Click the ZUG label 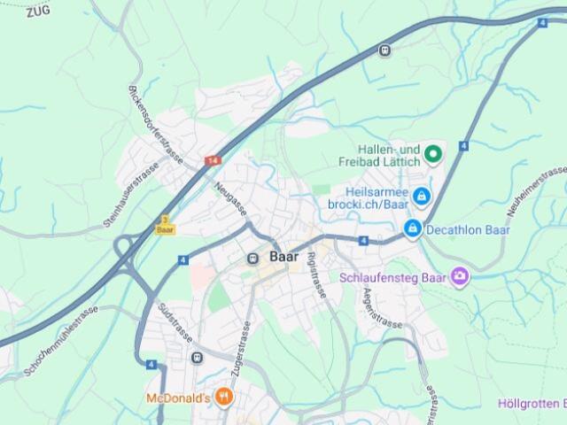37,12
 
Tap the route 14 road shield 212,161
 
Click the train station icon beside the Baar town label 253,258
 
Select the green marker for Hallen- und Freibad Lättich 432,156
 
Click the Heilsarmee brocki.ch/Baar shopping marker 422,195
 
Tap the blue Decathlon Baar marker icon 412,229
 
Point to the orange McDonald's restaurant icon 223,398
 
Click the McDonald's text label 177,398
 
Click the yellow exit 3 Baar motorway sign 164,224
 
